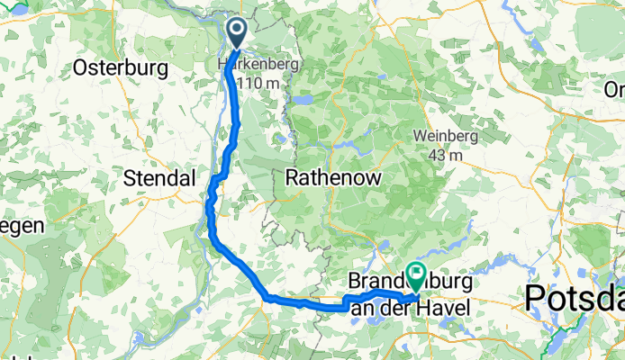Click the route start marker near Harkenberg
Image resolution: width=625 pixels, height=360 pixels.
[237, 32]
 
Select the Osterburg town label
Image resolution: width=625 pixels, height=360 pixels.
[120, 67]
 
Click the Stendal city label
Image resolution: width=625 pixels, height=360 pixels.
[159, 178]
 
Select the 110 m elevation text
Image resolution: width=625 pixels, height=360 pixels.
[258, 84]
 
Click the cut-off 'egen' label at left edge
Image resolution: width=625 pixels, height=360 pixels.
[20, 226]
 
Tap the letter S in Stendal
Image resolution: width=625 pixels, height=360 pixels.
[128, 178]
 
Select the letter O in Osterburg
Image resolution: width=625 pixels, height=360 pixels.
[80, 67]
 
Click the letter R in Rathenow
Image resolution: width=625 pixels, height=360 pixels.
[291, 177]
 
